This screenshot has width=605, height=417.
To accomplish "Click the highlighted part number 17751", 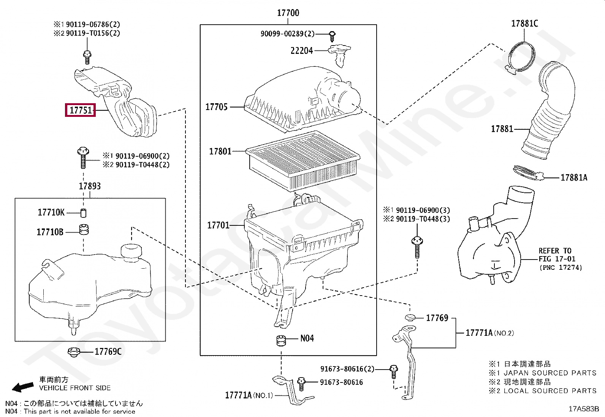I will [80, 110].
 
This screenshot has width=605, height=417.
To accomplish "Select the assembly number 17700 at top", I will [288, 13].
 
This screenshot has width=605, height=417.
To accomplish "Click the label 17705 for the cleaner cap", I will [216, 107].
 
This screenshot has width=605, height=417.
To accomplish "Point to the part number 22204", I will [301, 50].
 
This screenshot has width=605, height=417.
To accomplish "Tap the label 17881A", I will [574, 177].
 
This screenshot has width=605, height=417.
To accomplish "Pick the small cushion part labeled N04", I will [281, 340].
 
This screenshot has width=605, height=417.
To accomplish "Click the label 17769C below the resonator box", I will [108, 352].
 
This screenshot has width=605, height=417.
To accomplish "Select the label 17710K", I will [51, 212].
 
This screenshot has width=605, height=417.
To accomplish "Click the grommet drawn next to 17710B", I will [83, 230].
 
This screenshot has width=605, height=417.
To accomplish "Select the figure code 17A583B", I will [583, 409].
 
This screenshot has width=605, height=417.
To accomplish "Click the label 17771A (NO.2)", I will [489, 333].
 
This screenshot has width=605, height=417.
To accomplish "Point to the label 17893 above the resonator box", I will [90, 186].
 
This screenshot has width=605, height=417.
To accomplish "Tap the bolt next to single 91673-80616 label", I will [301, 383].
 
